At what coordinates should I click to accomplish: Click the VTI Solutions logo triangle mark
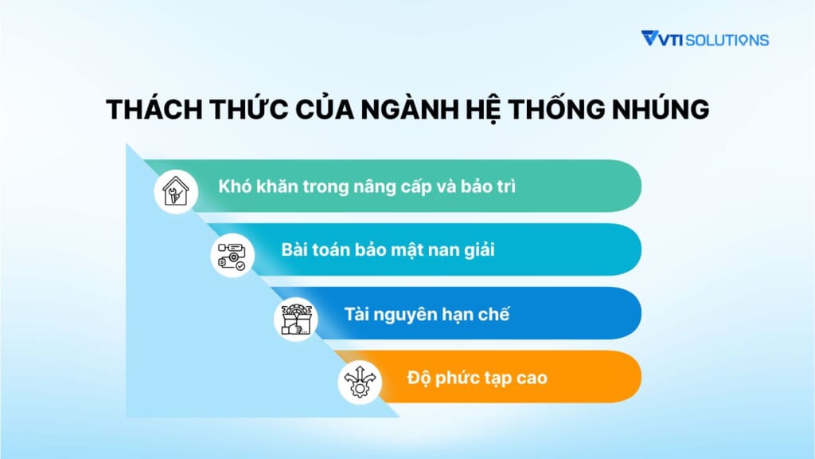pos(650,38)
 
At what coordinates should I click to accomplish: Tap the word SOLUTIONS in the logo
pos(727,40)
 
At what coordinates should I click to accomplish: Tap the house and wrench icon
pos(176,191)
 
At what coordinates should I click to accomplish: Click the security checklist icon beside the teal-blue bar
pos(232,256)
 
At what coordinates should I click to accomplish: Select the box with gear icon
pos(295,320)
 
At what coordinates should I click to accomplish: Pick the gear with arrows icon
pos(359,382)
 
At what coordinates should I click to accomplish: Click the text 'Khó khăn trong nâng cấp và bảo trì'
pos(367,186)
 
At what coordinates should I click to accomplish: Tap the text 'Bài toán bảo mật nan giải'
pos(388,249)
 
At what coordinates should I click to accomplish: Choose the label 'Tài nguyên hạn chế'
pos(427,314)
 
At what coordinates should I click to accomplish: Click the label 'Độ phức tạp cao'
pos(478,378)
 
